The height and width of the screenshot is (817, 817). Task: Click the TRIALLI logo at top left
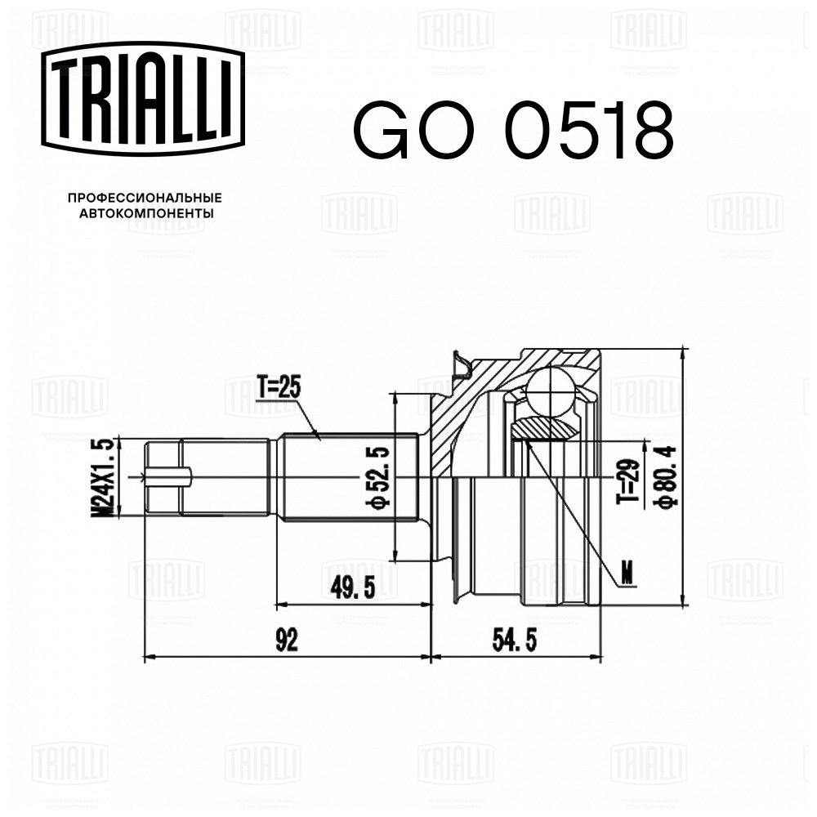[x=143, y=99]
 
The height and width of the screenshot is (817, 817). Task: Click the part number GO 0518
[x=513, y=130]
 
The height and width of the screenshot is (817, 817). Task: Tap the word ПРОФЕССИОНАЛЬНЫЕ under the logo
[x=145, y=198]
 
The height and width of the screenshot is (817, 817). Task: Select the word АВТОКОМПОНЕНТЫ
[x=146, y=213]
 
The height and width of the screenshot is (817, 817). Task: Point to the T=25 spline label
[x=279, y=387]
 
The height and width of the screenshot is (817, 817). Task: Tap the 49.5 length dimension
[x=353, y=588]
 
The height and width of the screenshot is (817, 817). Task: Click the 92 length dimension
[x=287, y=641]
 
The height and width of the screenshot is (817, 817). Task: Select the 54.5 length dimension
[x=514, y=641]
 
